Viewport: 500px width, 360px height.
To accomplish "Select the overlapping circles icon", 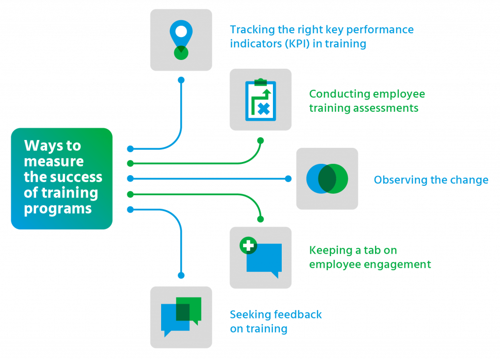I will (327, 179).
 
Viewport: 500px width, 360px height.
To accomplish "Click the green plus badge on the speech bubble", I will (248, 246).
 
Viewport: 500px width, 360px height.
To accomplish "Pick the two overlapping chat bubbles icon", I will (181, 317).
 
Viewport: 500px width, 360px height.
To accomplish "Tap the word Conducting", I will (336, 94).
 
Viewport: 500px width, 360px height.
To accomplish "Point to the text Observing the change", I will (431, 180).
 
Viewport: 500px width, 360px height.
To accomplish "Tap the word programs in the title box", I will (58, 208).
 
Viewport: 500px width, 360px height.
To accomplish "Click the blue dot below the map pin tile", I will (181, 80).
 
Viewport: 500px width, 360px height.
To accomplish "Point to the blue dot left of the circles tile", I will (288, 179).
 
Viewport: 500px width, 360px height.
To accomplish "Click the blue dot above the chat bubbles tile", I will (181, 276).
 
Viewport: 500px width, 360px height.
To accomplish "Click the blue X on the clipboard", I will (264, 108).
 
